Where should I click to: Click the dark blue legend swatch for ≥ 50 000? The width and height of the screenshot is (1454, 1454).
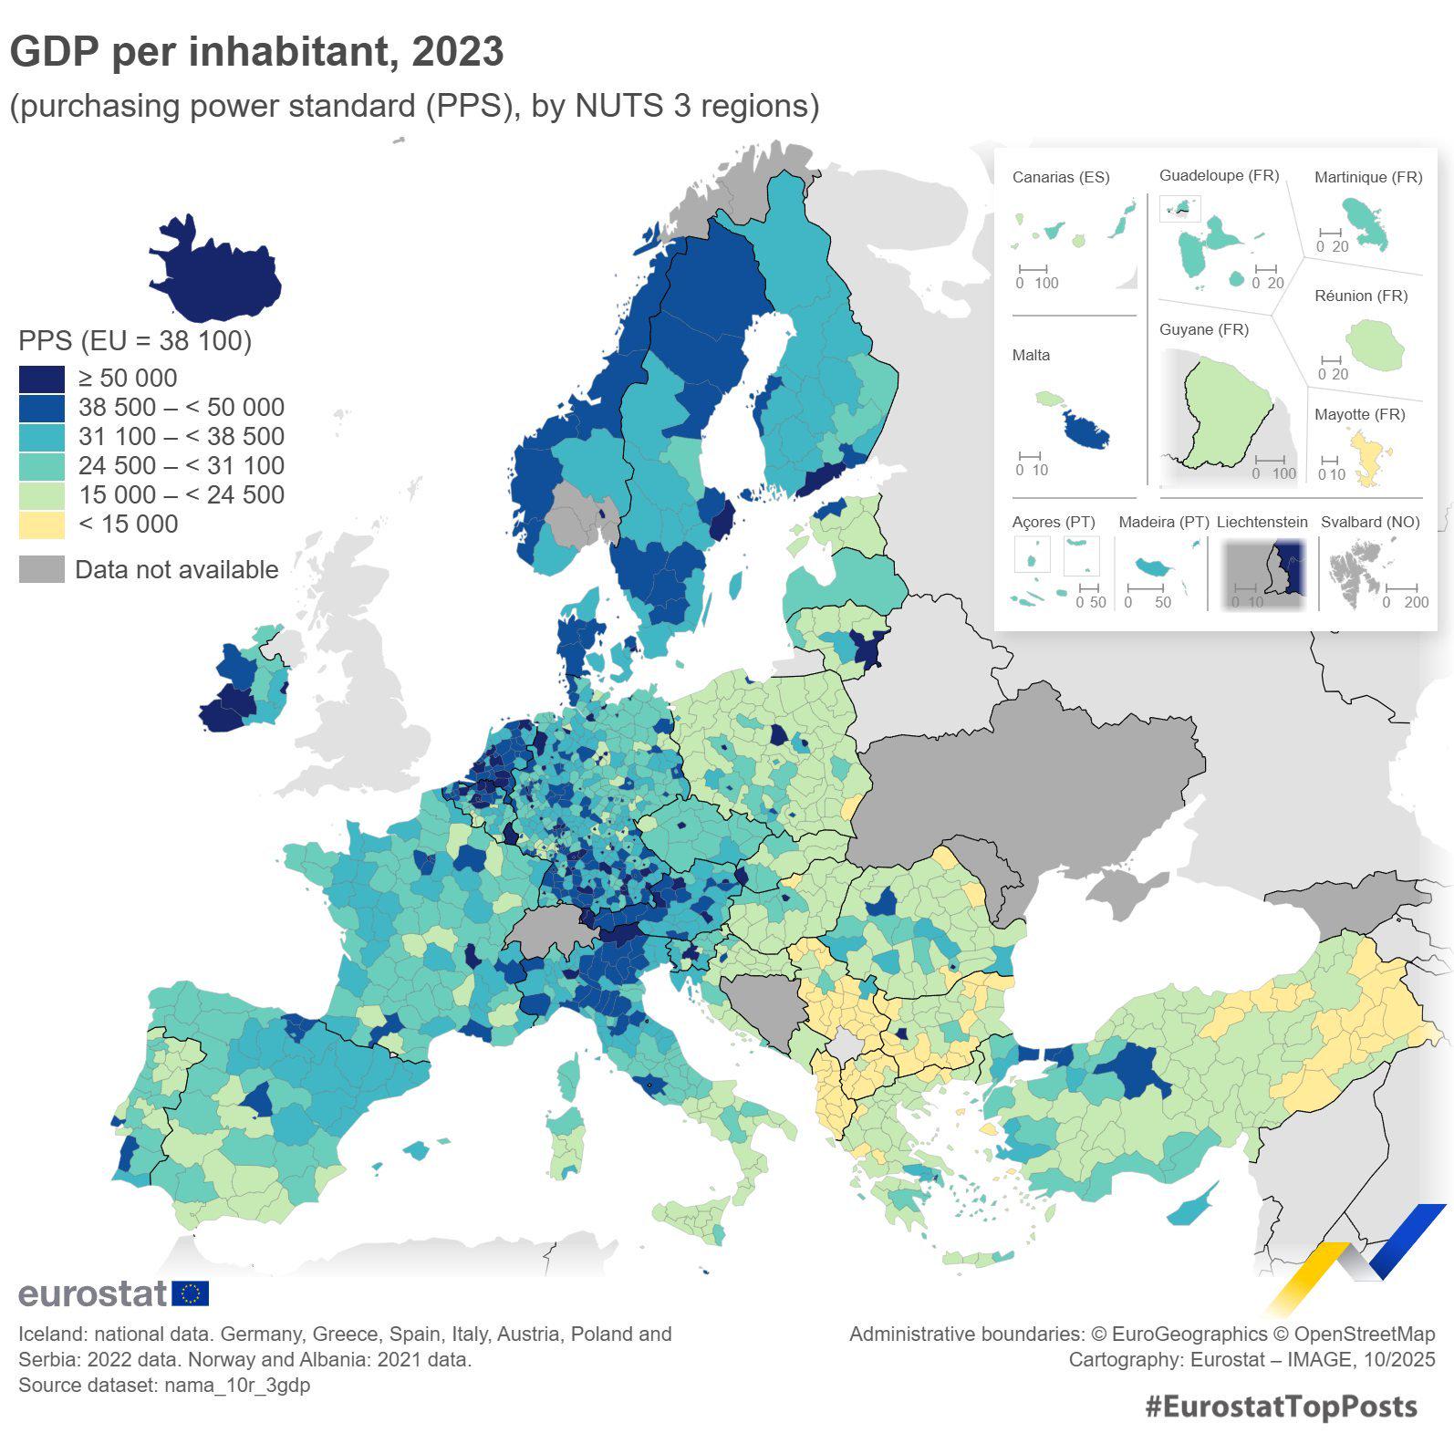[x=42, y=379]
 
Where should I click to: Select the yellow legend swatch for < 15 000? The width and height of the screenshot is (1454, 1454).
[x=42, y=524]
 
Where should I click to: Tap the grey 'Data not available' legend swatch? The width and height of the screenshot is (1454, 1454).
[x=42, y=569]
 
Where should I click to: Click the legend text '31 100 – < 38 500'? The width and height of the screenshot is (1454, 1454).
[x=181, y=437]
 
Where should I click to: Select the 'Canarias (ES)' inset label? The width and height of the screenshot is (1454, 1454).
[x=1061, y=177]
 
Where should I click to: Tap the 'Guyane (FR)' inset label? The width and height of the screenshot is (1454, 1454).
[x=1203, y=329]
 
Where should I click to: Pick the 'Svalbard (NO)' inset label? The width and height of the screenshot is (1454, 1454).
[x=1370, y=522]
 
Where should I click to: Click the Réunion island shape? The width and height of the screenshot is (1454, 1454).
[x=1375, y=345]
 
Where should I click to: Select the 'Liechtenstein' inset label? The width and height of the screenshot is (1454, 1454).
[x=1262, y=522]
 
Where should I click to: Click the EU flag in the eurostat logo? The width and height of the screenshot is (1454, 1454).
[x=191, y=1293]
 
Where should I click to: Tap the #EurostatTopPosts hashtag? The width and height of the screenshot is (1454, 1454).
[x=1281, y=1407]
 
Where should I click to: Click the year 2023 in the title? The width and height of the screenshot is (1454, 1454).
[x=457, y=52]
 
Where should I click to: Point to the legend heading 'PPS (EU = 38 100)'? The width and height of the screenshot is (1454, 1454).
[x=135, y=341]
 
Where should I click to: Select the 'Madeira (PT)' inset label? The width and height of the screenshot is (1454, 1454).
[x=1163, y=522]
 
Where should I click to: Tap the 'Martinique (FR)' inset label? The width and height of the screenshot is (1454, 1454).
[x=1367, y=177]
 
